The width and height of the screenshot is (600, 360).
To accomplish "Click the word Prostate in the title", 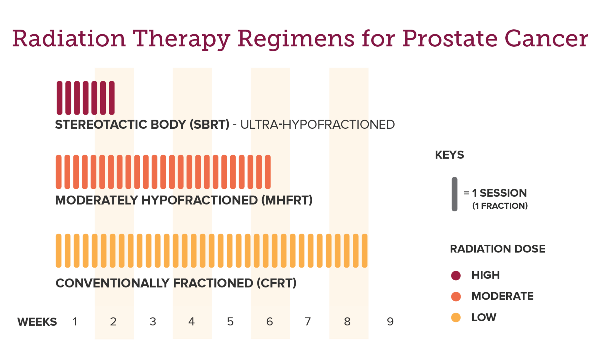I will coord(449,39).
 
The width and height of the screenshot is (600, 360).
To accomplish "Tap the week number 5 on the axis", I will coord(230,322).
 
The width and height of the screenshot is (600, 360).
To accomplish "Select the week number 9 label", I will coord(390,322).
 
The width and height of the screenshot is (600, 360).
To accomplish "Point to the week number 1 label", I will coord(75,322).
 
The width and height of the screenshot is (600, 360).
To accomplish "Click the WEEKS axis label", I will coord(37,322).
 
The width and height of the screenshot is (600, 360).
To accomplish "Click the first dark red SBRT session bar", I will coord(59,98).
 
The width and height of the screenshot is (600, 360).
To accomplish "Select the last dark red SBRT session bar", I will coord(112,98).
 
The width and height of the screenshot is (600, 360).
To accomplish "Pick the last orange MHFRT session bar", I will coord(268,172).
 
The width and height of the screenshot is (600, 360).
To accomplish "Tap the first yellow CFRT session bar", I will coord(59,251).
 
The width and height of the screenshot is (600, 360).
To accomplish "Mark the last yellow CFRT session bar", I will coord(364,251).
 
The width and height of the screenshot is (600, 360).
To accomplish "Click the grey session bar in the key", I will coord(454,194).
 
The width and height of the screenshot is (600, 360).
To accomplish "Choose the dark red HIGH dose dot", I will coord(456,276).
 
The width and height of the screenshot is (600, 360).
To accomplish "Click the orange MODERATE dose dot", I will coord(456,296).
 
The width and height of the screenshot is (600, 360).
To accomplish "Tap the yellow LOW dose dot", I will coord(456,317).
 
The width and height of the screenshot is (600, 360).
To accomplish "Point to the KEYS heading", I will coord(449,155).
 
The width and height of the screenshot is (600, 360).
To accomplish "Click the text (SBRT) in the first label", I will coord(209,125).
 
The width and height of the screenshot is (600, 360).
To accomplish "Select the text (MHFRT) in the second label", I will coord(287,201).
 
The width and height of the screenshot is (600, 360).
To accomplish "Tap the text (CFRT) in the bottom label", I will coord(277,283).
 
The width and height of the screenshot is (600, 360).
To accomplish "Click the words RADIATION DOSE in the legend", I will coord(497,249).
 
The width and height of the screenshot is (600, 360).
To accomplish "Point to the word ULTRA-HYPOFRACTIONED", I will coord(318,125).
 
